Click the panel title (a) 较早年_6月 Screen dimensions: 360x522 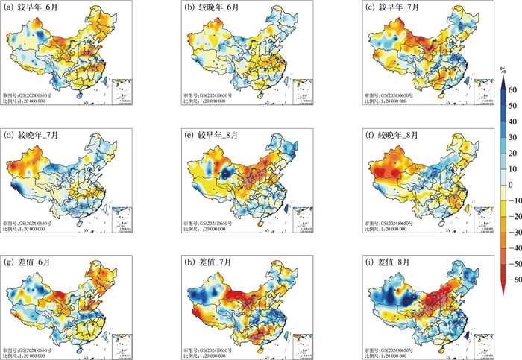(30, 8)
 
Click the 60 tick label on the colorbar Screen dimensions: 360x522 (514, 88)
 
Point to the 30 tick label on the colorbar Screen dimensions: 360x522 (514, 136)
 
